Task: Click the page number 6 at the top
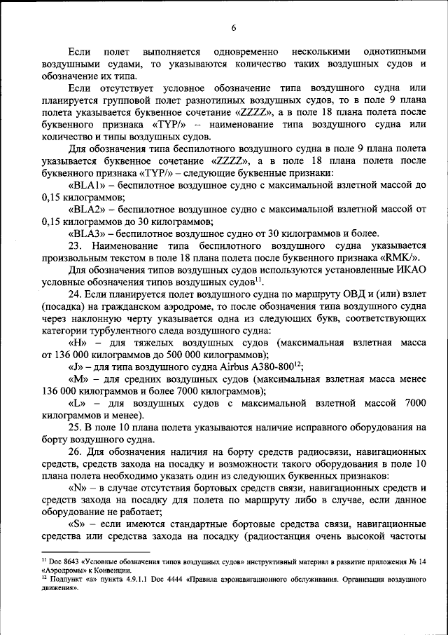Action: [234, 27]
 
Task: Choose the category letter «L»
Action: [77, 403]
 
